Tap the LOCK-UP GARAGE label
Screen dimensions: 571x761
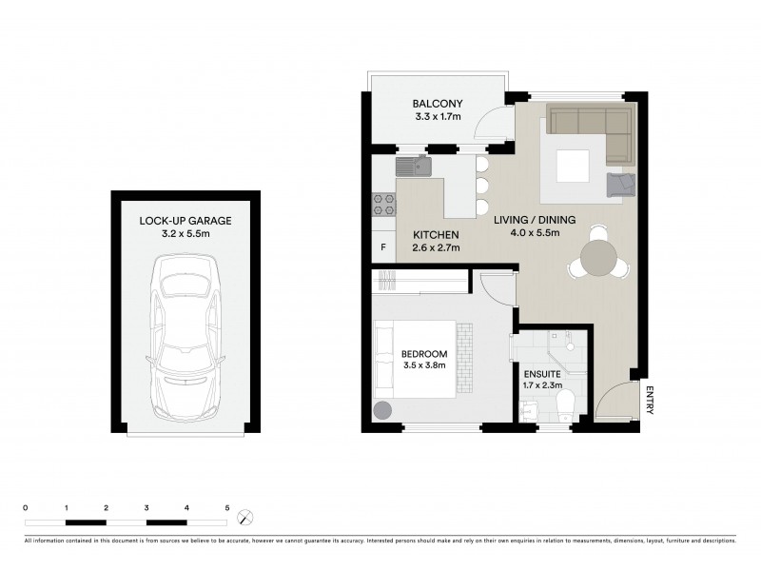[x=185, y=221]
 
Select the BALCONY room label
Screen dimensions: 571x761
[x=437, y=105]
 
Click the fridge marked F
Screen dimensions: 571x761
[x=383, y=247]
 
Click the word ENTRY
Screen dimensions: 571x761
[x=651, y=400]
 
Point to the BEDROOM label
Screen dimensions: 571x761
[x=424, y=357]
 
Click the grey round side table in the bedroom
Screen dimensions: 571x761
[x=383, y=410]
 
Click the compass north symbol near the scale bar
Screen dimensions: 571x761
[x=247, y=518]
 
